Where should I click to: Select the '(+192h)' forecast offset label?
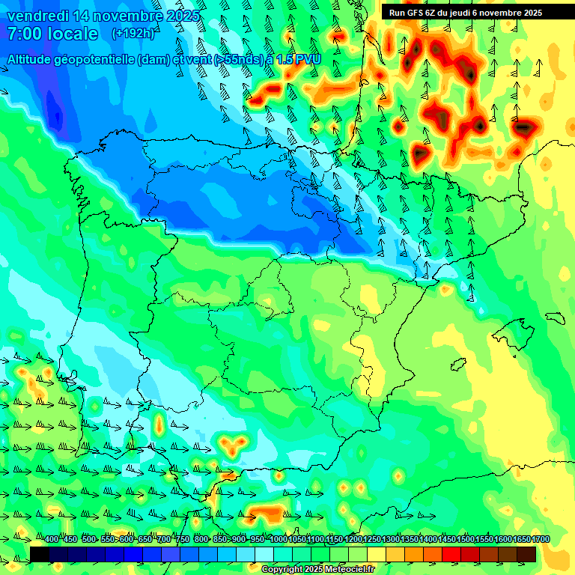pos(133,34)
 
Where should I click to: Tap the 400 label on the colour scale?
pos(51,539)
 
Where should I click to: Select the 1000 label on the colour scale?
pos(279,539)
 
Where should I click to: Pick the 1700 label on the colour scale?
pos(541,539)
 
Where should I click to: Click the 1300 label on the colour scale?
pos(391,539)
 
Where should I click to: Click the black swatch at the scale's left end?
pos(40,554)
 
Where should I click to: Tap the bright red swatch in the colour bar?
pos(451,554)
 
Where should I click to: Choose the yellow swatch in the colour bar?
pos(377,554)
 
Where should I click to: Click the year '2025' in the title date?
pos(183,16)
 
